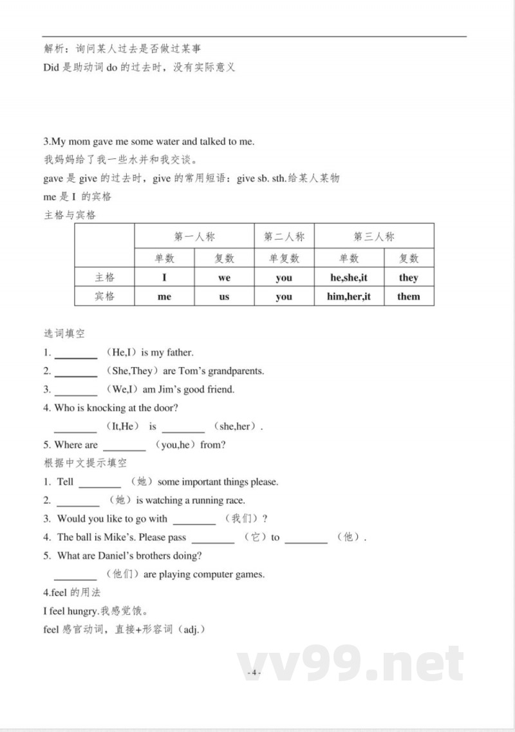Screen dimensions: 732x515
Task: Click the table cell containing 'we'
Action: coord(224,277)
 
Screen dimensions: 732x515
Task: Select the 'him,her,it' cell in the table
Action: coord(348,296)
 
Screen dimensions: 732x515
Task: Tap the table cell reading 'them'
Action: coord(409,296)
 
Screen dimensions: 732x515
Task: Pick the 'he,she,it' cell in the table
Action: coord(348,277)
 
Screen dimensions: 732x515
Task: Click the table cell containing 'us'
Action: coord(224,296)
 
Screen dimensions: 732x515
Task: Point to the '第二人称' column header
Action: coord(284,237)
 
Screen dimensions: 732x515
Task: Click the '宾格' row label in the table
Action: coord(104,296)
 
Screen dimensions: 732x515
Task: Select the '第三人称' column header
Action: coord(374,237)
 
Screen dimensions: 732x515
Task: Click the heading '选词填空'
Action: coord(64,333)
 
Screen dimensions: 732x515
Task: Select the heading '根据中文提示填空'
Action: coord(85,463)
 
